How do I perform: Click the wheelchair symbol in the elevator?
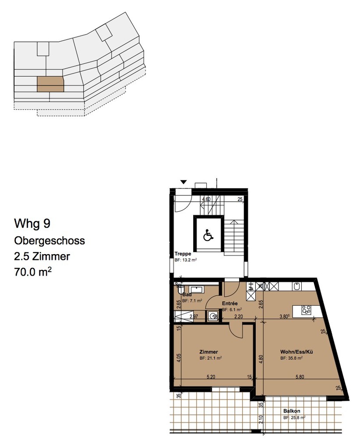coord(208,236)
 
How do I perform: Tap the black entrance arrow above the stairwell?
coord(184,182)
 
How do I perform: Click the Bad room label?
coord(187,294)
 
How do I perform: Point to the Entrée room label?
coord(229,303)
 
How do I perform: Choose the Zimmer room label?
coord(208,352)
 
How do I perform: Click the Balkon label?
coord(292,411)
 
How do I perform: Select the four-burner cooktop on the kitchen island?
coord(306,310)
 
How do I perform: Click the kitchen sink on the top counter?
coord(297,287)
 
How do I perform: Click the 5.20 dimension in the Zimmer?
coord(210,376)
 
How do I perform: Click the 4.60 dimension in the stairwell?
coord(205,199)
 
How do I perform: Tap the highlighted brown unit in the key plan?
coord(50,84)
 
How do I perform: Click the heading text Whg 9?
coord(32,224)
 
